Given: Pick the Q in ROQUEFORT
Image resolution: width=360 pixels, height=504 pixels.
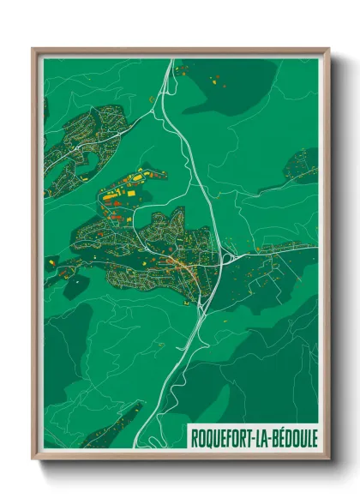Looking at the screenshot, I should pyautogui.click(x=209, y=435).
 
